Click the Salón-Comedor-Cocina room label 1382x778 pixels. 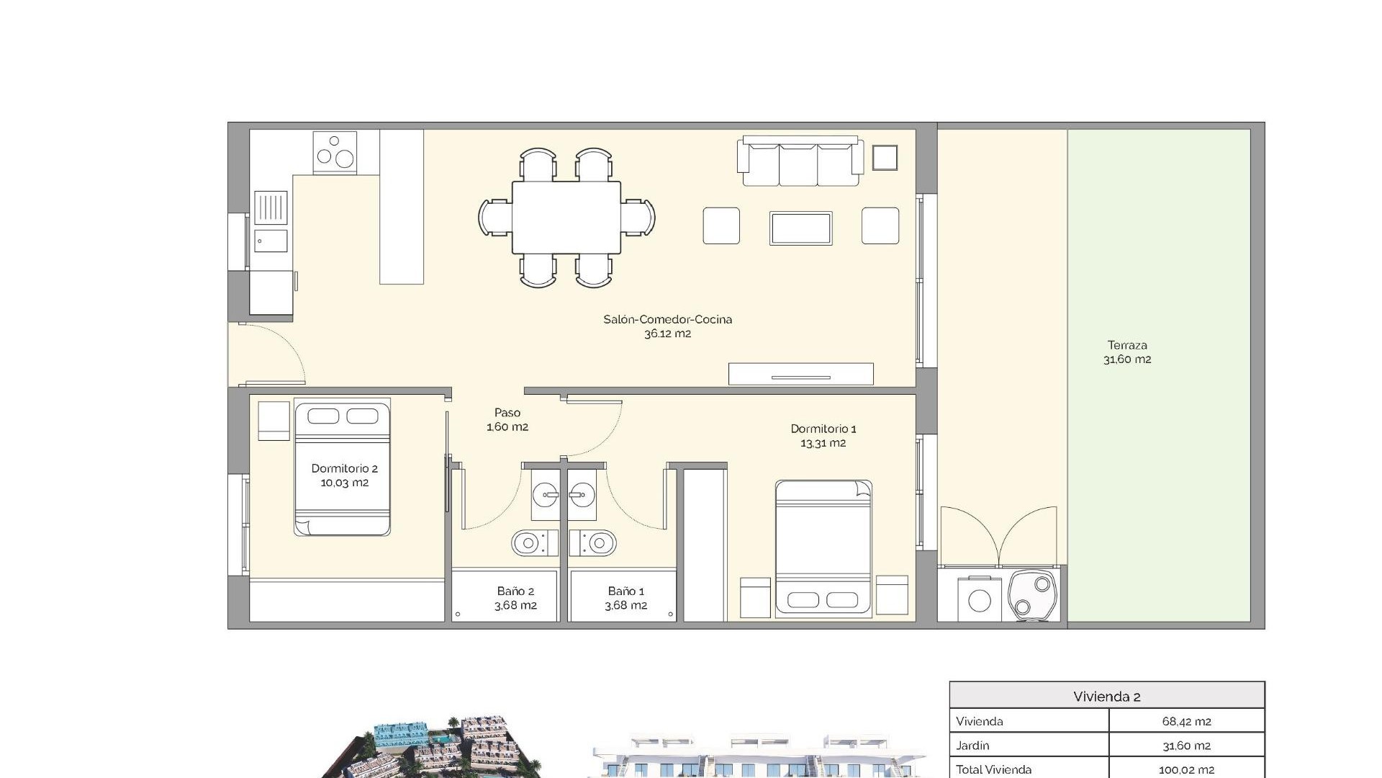667,319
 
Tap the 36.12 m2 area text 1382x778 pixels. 667,334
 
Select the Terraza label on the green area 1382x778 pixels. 1127,345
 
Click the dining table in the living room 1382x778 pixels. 566,218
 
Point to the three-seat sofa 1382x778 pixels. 799,162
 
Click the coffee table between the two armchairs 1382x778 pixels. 800,228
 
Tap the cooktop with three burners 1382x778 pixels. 335,152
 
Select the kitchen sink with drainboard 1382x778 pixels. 271,220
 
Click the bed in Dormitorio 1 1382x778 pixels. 823,547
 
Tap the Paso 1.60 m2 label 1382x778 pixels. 507,419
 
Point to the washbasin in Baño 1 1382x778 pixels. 582,495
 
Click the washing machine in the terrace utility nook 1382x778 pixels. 979,599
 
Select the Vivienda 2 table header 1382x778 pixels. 1106,697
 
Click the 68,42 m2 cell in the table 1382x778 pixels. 1186,721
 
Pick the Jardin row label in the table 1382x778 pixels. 972,746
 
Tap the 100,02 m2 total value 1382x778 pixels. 1186,769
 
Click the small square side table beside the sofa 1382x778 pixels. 885,158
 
